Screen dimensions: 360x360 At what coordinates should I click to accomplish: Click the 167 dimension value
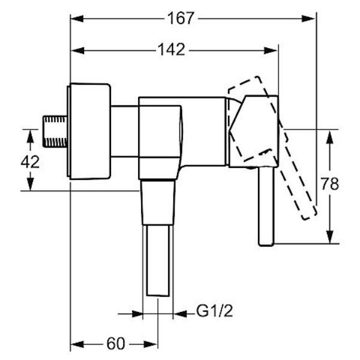click(181, 19)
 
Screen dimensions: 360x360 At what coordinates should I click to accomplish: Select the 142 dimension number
click(172, 50)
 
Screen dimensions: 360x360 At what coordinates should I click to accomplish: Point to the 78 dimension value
click(329, 184)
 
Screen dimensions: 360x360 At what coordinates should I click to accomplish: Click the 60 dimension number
click(116, 343)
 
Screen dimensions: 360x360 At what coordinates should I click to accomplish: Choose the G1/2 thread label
click(215, 311)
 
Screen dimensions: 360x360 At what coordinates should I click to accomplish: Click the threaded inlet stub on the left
click(55, 131)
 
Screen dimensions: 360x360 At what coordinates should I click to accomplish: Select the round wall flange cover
click(89, 131)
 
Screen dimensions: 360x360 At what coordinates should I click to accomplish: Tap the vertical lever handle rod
click(266, 206)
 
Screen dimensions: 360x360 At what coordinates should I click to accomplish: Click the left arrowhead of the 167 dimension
click(77, 19)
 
